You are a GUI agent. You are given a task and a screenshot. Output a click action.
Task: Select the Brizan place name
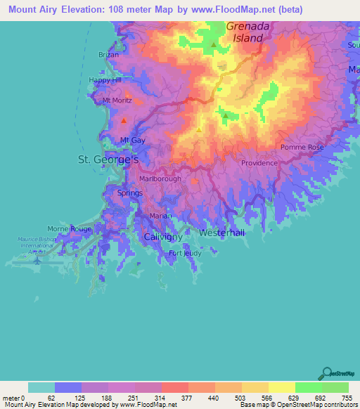[109, 54]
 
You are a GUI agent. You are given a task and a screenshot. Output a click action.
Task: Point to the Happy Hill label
[104, 80]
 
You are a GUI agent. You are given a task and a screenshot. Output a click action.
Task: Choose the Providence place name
[259, 162]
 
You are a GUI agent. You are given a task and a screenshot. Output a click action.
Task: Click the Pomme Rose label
[302, 148]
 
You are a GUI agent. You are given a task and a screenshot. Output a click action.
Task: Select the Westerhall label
[222, 232]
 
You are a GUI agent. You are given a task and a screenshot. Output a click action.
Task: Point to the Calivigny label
[163, 238]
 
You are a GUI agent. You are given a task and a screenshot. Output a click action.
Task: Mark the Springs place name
[129, 193]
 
